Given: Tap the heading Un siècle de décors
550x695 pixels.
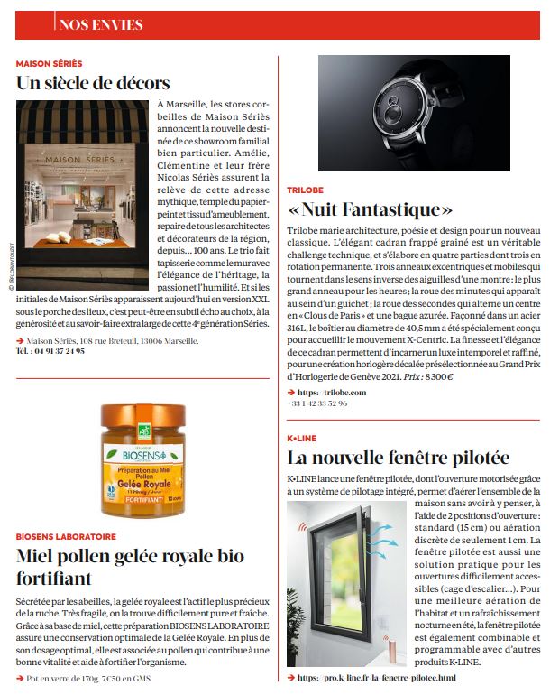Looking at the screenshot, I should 93,84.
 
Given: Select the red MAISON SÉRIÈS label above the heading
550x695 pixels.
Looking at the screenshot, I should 49,64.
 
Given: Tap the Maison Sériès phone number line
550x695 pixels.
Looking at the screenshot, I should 50,351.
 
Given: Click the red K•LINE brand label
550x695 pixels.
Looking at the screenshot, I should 301,438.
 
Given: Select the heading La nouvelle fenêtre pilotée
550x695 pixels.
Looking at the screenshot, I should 398,458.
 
